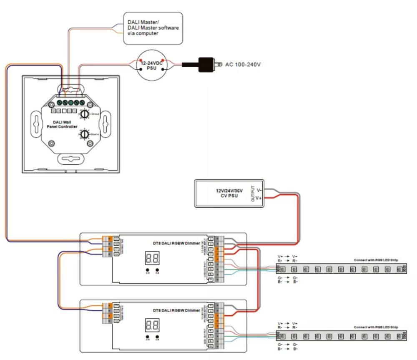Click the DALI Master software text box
pos(153,28)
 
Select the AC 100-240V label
pos(243,64)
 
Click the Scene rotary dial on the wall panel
pos(85,134)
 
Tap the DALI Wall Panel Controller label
pos(62,124)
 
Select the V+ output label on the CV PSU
pos(259,198)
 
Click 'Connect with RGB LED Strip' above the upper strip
pos(375,260)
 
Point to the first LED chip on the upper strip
pos(283,269)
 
